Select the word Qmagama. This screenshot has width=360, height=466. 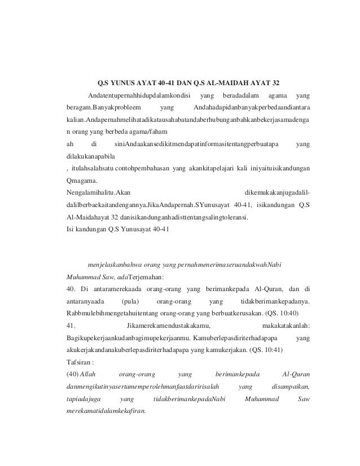(82, 182)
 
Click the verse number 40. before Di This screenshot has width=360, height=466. (72, 290)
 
